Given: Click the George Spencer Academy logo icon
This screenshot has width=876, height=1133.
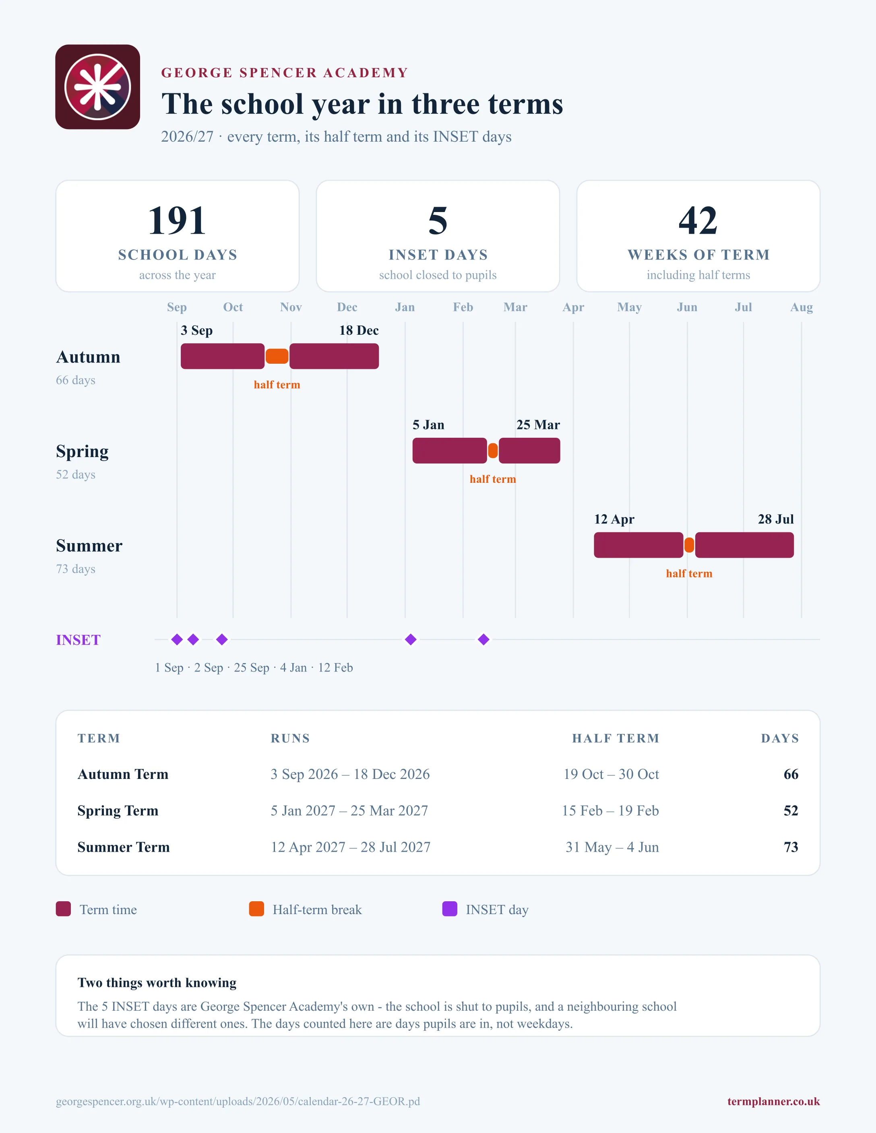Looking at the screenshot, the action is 97,87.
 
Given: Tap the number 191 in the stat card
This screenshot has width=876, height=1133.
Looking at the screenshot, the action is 177,220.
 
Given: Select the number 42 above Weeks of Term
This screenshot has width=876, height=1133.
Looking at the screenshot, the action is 698,220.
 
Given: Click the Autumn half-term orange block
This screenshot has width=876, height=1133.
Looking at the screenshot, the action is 277,356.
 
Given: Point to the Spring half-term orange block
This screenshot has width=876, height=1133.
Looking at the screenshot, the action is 493,451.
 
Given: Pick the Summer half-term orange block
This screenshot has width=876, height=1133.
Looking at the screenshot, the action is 689,545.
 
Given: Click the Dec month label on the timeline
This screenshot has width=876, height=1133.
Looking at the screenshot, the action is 347,307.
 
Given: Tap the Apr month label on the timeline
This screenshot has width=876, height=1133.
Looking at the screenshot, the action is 573,307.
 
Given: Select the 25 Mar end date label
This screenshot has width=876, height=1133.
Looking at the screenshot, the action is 538,425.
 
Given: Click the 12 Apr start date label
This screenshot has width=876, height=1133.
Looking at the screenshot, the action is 614,519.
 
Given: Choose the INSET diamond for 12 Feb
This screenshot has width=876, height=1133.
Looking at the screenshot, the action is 483,640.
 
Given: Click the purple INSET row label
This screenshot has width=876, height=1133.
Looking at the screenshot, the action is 79,640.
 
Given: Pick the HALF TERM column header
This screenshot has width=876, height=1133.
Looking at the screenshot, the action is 616,738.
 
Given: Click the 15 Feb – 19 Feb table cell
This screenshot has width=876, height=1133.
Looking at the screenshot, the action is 610,810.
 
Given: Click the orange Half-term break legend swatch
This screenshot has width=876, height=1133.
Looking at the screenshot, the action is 256,909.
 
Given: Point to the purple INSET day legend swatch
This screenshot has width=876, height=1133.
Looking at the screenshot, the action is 449,909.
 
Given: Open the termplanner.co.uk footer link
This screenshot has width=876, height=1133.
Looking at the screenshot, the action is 773,1101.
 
